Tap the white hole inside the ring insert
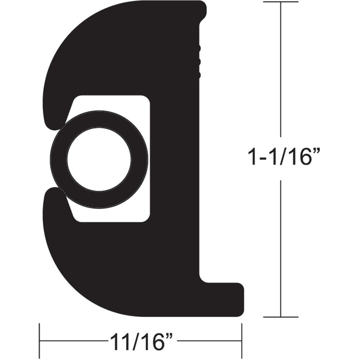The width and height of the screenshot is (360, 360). point(99,159)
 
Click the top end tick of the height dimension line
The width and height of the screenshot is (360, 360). point(280,2)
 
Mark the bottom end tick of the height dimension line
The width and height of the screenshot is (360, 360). point(280,317)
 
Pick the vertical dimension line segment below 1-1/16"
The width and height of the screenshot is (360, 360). point(280,247)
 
